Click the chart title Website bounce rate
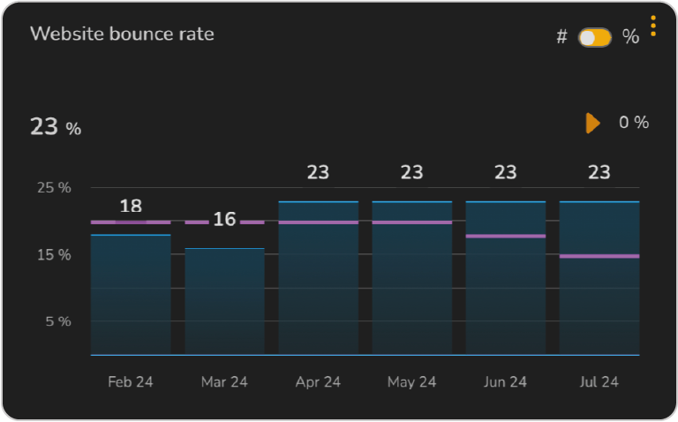(x=122, y=34)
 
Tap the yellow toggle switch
(x=594, y=38)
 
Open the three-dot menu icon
(x=653, y=26)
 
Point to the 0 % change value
(x=633, y=123)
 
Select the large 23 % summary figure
(x=56, y=127)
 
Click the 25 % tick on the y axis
(x=54, y=187)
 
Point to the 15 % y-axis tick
(x=54, y=254)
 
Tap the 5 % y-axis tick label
(x=57, y=321)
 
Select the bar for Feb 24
(x=131, y=296)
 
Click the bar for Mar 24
(x=224, y=302)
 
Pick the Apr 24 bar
(x=318, y=283)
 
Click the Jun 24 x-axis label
(x=505, y=382)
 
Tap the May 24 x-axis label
(x=411, y=382)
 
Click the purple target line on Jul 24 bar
(x=599, y=256)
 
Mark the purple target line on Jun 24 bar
(x=505, y=236)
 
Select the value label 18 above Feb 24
(x=131, y=206)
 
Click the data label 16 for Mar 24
(x=224, y=219)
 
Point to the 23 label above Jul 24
(x=599, y=173)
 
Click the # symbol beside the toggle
(x=561, y=38)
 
